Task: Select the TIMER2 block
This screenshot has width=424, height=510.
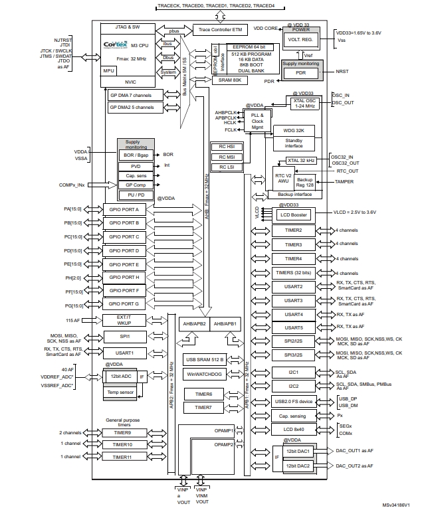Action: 293,230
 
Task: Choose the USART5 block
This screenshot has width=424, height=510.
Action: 293,327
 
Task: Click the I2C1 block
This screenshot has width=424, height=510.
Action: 293,373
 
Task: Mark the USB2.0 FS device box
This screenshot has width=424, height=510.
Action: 293,401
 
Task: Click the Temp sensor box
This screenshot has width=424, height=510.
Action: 121,392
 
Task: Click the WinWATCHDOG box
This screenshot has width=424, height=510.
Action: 204,374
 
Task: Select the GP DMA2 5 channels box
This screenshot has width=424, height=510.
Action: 131,107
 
